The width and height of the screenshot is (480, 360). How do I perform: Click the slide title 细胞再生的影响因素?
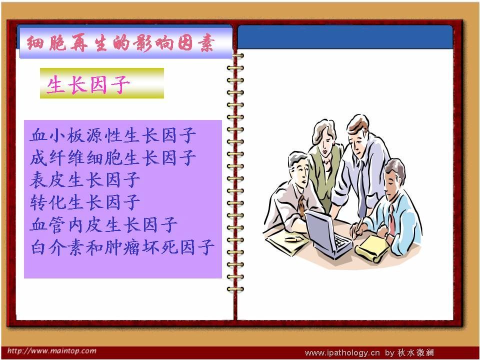pos(120,43)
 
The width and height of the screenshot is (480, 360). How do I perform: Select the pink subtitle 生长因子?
pos(88,84)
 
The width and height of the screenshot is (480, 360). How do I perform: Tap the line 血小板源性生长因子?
pos(113,135)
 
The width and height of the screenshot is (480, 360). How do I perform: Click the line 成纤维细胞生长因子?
pos(113,157)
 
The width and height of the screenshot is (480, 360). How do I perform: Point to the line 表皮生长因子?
pos(85,179)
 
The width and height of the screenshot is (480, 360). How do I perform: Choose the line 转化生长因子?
pos(85,202)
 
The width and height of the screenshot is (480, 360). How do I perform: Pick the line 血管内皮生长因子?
pos(103,224)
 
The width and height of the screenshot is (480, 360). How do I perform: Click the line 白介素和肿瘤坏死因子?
pos(122,247)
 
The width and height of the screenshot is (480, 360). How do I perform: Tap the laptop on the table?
pos(327,234)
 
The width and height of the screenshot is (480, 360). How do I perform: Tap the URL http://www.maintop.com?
pos(51,351)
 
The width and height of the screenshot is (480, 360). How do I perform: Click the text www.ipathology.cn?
pos(342,353)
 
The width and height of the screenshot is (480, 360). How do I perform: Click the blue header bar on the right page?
pos(345,36)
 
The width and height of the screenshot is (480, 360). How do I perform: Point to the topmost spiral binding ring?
pos(235,55)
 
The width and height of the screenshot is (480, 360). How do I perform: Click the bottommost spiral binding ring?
pos(235,288)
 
